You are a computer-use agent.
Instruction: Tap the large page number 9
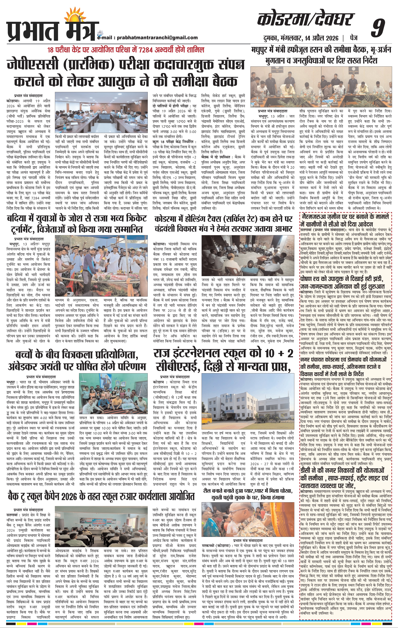378,28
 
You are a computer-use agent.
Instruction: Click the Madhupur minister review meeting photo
321,85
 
